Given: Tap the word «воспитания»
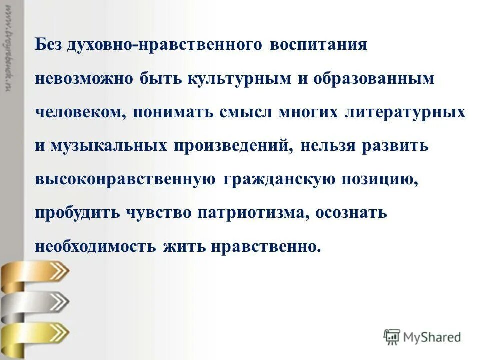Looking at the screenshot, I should tap(319, 44).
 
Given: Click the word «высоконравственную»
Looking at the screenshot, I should tap(125, 179).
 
